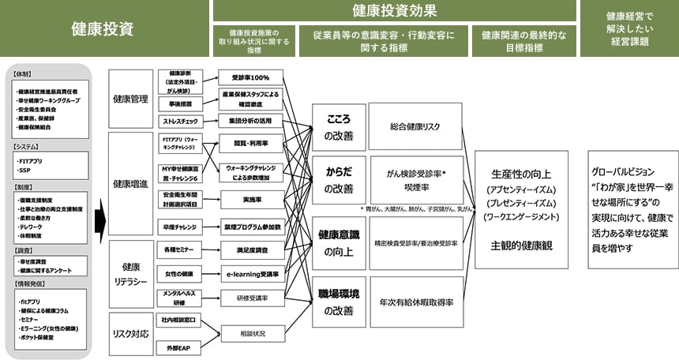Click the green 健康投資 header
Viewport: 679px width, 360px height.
tap(103, 28)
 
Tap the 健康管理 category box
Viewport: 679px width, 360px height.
tap(129, 99)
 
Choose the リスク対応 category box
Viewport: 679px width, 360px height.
tap(129, 334)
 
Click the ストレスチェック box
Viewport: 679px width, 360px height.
tap(180, 122)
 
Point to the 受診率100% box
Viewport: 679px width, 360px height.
tap(251, 77)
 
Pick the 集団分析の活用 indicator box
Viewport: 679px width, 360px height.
tap(251, 122)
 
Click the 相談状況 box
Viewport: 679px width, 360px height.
tap(251, 333)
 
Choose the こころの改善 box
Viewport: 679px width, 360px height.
tap(339, 127)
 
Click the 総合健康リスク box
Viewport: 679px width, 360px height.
tap(415, 127)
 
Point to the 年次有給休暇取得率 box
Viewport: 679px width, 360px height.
tap(415, 302)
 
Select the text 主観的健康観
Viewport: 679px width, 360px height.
tap(521, 246)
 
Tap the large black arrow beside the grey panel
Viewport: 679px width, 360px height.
tap(100, 216)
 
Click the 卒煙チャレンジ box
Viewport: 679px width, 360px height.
tap(180, 227)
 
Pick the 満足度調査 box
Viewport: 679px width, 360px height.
tap(251, 249)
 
